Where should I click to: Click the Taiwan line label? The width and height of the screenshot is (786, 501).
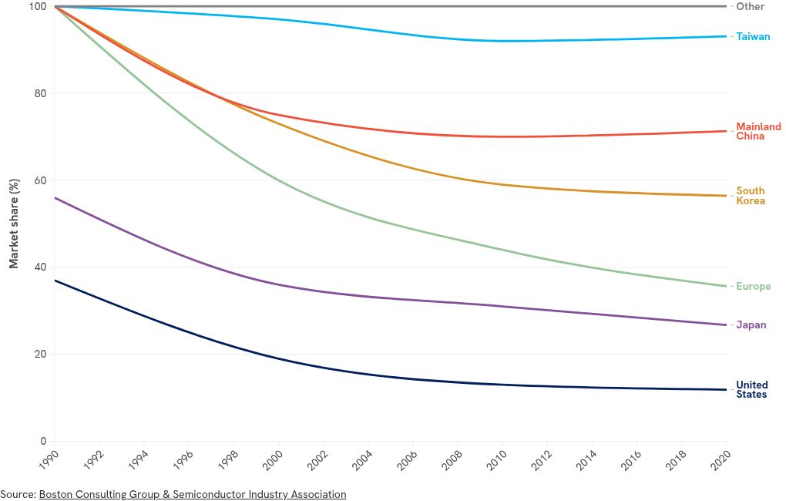pyautogui.click(x=752, y=36)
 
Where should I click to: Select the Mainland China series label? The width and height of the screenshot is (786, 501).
pyautogui.click(x=758, y=131)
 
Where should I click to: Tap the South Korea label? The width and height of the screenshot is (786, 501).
pyautogui.click(x=751, y=196)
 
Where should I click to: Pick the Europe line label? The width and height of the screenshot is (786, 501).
pyautogui.click(x=753, y=286)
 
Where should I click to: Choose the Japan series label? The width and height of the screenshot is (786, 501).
pyautogui.click(x=751, y=324)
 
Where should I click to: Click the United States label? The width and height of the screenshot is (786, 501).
pyautogui.click(x=751, y=389)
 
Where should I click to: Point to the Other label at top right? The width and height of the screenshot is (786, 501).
pyautogui.click(x=750, y=6)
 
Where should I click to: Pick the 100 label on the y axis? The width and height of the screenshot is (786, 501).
pyautogui.click(x=39, y=7)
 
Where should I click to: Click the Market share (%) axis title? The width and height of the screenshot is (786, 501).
pyautogui.click(x=13, y=224)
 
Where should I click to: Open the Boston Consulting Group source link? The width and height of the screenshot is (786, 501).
pyautogui.click(x=193, y=494)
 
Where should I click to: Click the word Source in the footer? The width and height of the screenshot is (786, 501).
pyautogui.click(x=17, y=494)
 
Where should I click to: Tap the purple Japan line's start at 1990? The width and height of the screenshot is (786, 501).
pyautogui.click(x=55, y=197)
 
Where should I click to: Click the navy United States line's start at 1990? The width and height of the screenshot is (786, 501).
pyautogui.click(x=55, y=281)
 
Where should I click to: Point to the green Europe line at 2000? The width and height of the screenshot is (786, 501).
pyautogui.click(x=278, y=181)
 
